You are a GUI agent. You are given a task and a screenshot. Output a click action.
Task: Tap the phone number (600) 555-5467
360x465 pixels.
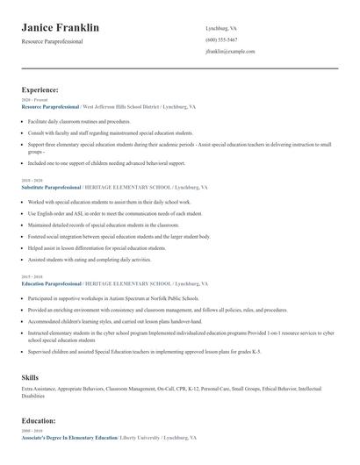(x=221, y=39)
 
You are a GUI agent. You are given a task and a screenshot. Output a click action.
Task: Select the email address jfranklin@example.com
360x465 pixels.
(x=230, y=52)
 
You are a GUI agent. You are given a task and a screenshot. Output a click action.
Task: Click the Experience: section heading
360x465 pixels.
(x=40, y=89)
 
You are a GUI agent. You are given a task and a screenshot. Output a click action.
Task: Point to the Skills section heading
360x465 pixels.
(x=30, y=376)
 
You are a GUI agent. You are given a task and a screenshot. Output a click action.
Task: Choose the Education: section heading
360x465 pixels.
(x=39, y=420)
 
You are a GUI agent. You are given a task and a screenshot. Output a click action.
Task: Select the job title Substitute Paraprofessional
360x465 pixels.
(x=49, y=188)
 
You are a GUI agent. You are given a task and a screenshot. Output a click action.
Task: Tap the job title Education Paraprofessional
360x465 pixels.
(x=50, y=284)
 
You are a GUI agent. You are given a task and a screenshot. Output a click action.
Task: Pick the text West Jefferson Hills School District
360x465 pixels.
(x=121, y=106)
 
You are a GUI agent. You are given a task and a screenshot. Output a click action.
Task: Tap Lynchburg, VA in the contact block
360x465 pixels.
(x=220, y=28)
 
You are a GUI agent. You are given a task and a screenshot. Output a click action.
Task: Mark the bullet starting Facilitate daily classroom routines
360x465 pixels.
(x=79, y=121)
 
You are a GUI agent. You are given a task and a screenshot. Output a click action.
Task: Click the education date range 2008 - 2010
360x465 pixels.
(x=31, y=431)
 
